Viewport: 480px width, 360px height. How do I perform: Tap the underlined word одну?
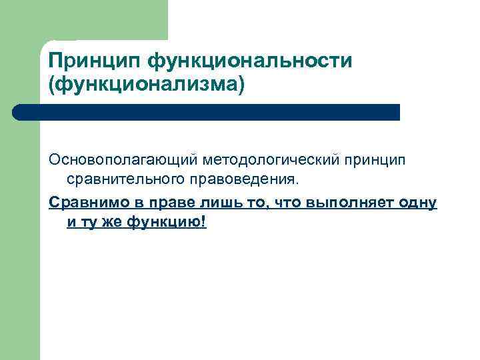419,202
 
